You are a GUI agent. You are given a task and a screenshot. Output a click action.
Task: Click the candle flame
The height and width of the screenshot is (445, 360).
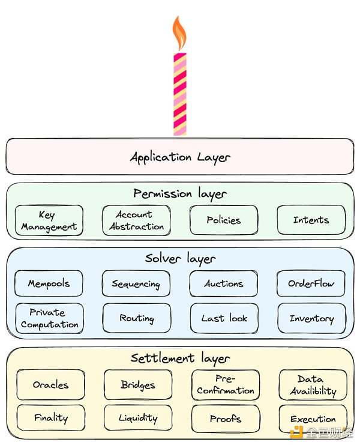coord(179,34)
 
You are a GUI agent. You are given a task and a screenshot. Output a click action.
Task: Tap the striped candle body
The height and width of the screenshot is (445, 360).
coord(179,94)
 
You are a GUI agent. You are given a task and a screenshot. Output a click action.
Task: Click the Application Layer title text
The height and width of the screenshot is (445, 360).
coord(180,157)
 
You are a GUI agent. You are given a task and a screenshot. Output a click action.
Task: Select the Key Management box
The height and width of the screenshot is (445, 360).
coord(49,220)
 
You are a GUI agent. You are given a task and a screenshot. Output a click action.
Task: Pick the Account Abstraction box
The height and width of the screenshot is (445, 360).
coord(136,220)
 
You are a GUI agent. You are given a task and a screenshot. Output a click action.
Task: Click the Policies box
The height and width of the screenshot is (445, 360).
coord(224,220)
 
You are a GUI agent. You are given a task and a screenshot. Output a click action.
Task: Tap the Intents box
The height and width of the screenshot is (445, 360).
coord(311,220)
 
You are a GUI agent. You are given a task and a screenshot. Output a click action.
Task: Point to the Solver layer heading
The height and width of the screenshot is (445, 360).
coord(180,258)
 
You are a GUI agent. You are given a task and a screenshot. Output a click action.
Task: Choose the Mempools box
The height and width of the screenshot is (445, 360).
coord(49,283)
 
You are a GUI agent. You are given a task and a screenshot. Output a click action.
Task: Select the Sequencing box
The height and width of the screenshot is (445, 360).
coord(136,283)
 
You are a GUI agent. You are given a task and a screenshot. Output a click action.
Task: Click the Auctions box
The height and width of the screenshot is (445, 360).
coord(224,283)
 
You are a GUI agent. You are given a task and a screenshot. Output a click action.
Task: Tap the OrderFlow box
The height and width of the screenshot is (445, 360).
coord(311,283)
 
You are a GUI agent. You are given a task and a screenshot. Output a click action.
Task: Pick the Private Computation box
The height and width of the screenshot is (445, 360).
coord(49,318)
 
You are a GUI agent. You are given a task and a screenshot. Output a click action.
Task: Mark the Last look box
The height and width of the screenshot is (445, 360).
coord(224,318)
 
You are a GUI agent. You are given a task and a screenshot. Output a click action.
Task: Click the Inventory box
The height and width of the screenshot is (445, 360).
coord(311,318)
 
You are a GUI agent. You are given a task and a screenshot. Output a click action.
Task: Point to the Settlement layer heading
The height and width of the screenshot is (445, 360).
coord(180,359)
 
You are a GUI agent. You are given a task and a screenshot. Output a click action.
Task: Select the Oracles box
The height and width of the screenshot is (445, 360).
coord(50,384)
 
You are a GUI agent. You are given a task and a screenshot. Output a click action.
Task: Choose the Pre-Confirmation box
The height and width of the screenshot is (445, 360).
coord(226,384)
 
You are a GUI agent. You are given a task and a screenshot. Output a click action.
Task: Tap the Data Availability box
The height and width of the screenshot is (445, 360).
coord(313,384)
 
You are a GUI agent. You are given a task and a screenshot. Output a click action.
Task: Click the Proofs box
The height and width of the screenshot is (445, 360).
coord(226,419)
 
